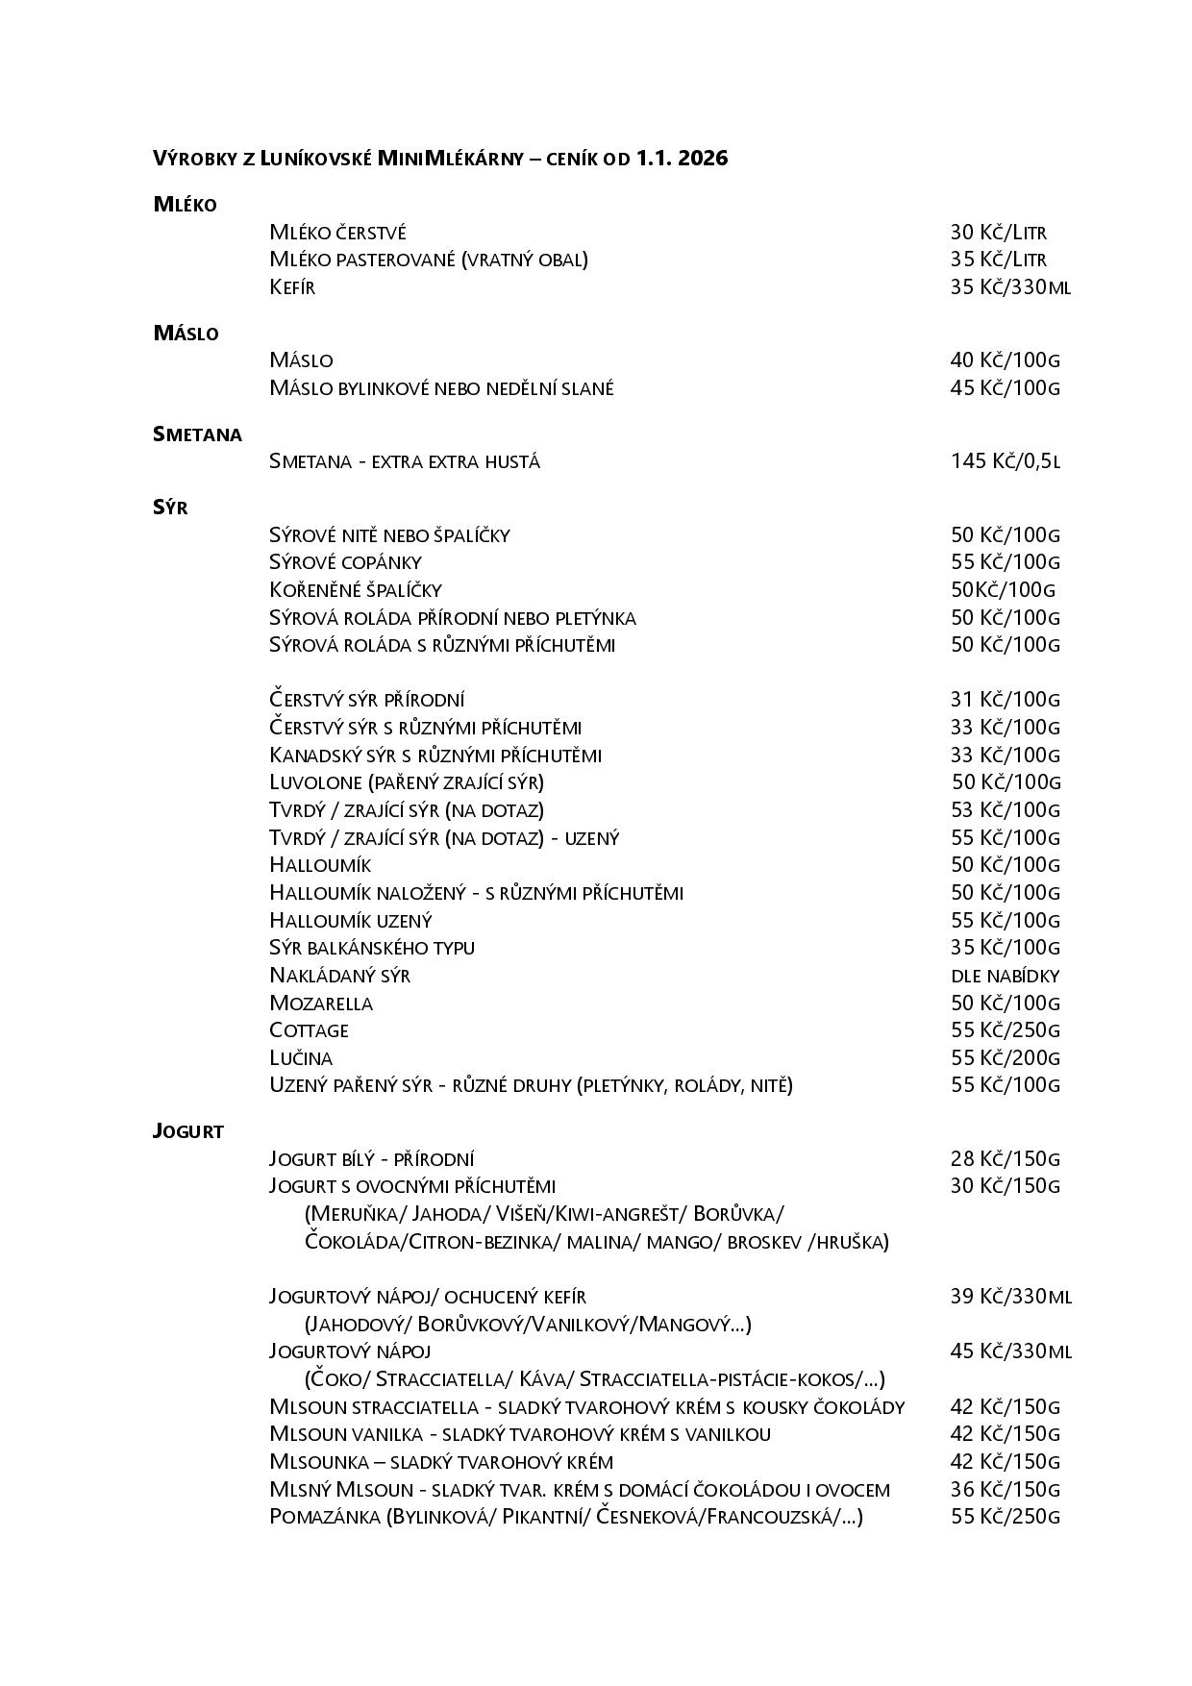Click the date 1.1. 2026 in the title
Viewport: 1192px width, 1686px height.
(682, 159)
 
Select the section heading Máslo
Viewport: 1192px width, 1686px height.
(186, 334)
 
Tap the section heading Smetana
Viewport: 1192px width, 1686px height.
(197, 434)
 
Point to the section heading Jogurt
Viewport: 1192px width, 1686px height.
(188, 1131)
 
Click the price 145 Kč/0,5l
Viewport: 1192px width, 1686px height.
(1006, 461)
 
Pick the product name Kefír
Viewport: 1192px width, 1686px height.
(292, 287)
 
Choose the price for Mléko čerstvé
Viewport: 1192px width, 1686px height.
(998, 233)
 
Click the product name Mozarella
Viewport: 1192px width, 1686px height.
(321, 1004)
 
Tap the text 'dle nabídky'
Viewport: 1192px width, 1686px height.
(1005, 976)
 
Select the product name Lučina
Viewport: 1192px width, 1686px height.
(301, 1058)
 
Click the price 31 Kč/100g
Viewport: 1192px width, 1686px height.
(1005, 700)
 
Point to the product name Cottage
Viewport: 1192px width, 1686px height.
(309, 1030)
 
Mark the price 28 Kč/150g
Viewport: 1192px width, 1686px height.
(1005, 1159)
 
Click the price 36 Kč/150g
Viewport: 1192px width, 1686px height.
(1005, 1490)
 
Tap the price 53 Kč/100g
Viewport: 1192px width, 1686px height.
(1005, 810)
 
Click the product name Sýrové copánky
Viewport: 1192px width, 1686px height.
(345, 562)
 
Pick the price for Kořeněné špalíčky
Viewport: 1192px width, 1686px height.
(1003, 590)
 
